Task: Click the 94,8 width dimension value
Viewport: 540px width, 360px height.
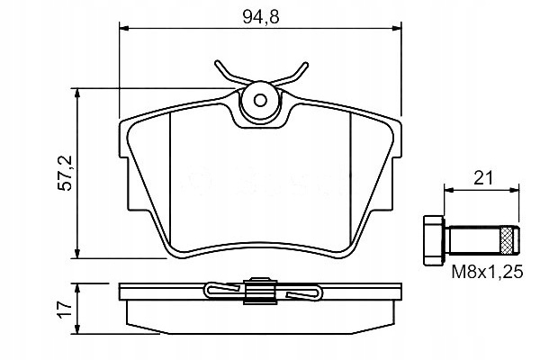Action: [261, 16]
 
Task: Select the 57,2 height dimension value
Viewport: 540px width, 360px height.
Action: [65, 174]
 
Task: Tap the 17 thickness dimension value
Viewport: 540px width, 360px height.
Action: [65, 310]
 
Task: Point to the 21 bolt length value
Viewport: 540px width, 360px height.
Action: [483, 178]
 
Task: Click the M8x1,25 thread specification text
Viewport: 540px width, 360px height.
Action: [487, 272]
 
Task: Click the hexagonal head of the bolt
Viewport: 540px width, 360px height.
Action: [434, 240]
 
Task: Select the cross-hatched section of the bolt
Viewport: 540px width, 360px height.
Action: [506, 240]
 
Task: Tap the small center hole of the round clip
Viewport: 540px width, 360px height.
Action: [260, 101]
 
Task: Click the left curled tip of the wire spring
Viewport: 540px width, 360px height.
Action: [218, 64]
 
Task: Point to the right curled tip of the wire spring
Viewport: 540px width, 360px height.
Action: [304, 66]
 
